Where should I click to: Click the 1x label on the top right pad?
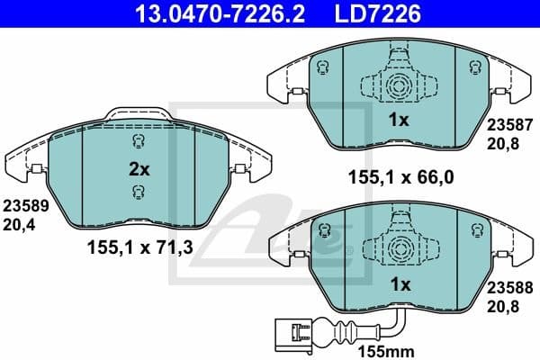click(x=399, y=120)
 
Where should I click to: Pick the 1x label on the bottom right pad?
click(x=399, y=284)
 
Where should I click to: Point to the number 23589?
click(x=26, y=204)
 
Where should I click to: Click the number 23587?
click(x=508, y=129)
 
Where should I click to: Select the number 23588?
click(x=508, y=290)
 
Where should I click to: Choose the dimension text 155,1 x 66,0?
click(x=399, y=177)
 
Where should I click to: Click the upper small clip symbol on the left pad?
click(x=138, y=141)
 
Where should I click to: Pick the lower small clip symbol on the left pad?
click(x=138, y=190)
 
